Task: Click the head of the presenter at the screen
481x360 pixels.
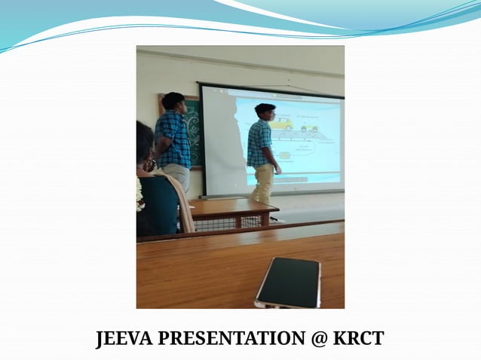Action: [265, 111]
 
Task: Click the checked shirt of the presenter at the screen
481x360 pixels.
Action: [259, 142]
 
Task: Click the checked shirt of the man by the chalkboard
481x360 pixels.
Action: [174, 139]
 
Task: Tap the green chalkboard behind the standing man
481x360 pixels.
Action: [193, 128]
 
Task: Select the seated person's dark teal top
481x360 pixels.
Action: [158, 203]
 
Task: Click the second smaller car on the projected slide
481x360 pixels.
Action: [309, 129]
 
